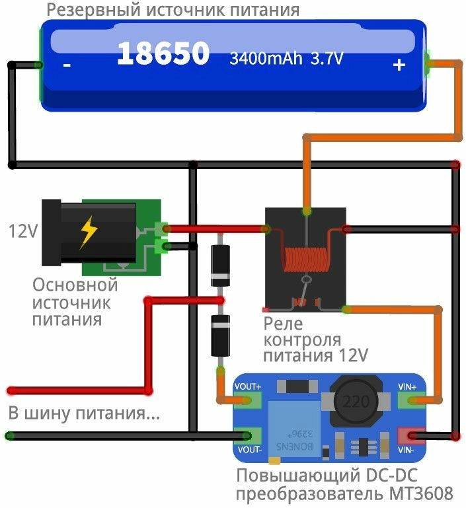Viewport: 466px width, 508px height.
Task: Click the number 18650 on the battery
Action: [163, 54]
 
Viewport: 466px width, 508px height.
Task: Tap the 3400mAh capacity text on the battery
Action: [266, 59]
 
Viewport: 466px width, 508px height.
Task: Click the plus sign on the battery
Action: [399, 65]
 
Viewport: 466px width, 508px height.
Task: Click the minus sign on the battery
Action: [67, 65]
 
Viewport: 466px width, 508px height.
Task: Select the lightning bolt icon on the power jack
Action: [88, 232]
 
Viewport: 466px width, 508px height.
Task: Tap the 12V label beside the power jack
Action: [22, 233]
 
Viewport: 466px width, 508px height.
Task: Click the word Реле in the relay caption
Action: [283, 324]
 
